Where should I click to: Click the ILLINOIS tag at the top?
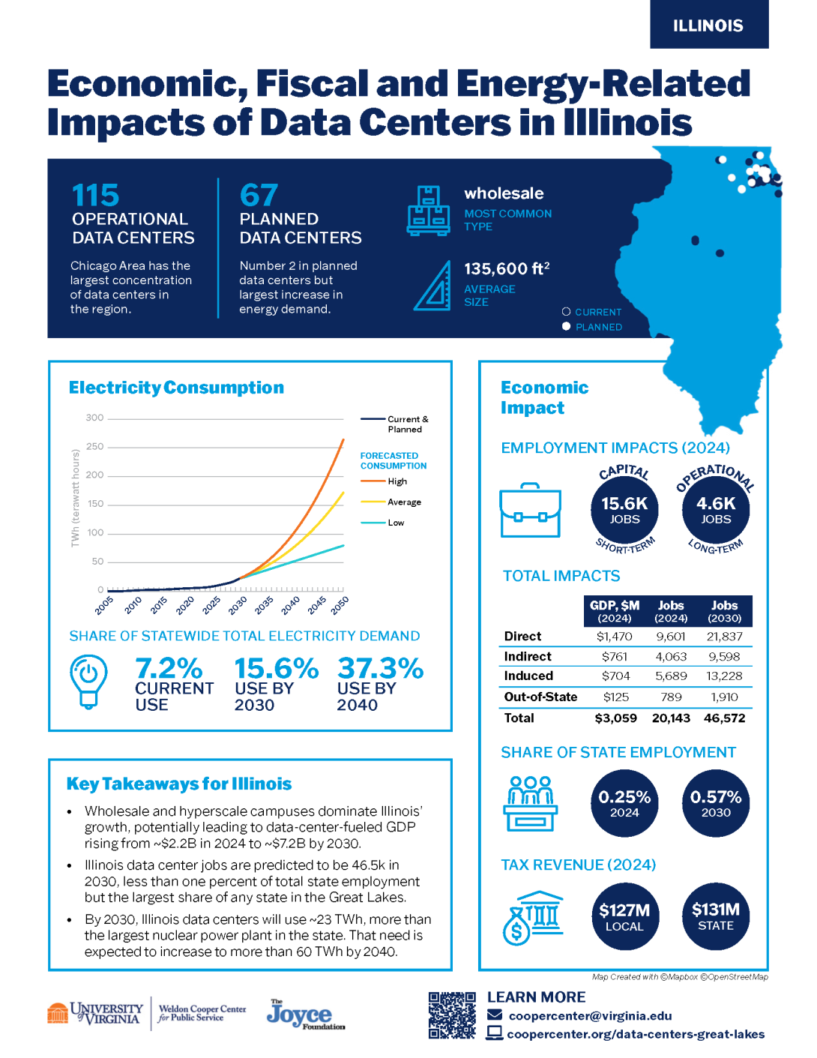tap(708, 25)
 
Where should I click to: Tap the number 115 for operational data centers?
tap(95, 196)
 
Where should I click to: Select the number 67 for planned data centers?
tap(259, 196)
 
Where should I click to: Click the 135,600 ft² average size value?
tap(507, 269)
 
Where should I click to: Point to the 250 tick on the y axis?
tap(95, 447)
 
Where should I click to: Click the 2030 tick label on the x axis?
tap(238, 605)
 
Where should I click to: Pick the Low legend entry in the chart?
tap(396, 523)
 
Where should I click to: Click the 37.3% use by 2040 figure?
tap(380, 669)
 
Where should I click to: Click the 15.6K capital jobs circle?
tap(624, 510)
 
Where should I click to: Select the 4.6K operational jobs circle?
tap(716, 510)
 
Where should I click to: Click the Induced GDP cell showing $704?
tap(615, 676)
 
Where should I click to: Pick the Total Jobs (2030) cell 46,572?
tap(724, 718)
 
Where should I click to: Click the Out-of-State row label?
tap(540, 697)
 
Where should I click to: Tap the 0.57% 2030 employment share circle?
tap(716, 803)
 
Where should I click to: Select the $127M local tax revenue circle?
tap(624, 916)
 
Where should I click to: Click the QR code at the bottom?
tap(452, 1015)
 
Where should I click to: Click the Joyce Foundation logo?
tap(305, 1015)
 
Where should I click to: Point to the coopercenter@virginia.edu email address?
tap(590, 1016)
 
